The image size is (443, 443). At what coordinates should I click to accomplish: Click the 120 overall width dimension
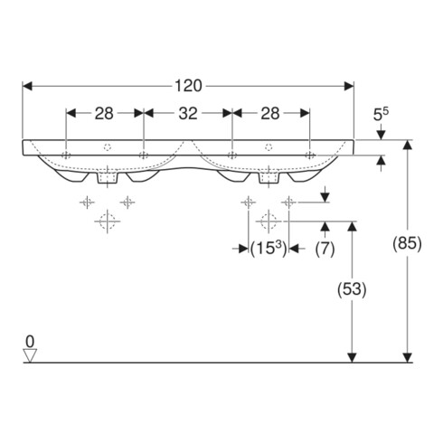click(188, 86)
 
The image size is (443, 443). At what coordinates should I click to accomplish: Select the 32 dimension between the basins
click(188, 114)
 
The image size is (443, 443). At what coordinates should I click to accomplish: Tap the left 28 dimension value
click(104, 114)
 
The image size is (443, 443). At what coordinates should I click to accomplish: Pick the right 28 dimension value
click(270, 114)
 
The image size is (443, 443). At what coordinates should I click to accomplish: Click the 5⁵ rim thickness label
click(381, 114)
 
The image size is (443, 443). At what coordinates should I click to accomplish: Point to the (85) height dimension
click(407, 243)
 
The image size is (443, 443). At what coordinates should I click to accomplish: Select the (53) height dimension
click(352, 289)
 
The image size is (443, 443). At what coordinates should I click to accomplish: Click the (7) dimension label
click(325, 249)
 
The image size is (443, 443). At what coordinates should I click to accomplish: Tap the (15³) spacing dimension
click(269, 249)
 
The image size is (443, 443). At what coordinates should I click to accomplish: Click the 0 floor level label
click(30, 342)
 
